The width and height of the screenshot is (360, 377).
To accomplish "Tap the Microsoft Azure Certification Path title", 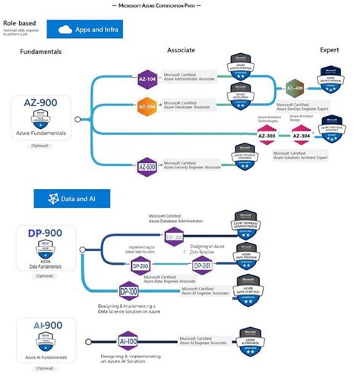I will [x=179, y=6].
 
